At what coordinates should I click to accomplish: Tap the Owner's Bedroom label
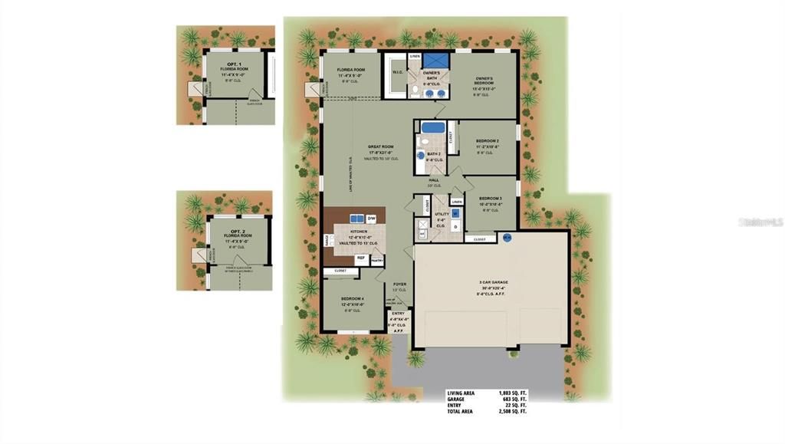pyautogui.click(x=484, y=80)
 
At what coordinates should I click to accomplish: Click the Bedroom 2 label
pyautogui.click(x=488, y=142)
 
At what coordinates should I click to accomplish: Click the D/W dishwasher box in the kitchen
pyautogui.click(x=371, y=219)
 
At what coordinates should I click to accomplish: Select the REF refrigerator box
pyautogui.click(x=360, y=258)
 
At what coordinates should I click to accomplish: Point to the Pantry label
pyautogui.click(x=376, y=261)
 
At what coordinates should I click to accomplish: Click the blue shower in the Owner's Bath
pyautogui.click(x=436, y=60)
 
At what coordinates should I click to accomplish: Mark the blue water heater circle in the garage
pyautogui.click(x=507, y=238)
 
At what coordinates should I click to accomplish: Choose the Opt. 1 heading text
pyautogui.click(x=234, y=64)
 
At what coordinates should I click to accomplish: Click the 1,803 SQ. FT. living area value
pyautogui.click(x=513, y=393)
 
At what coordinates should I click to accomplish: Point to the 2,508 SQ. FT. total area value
pyautogui.click(x=513, y=412)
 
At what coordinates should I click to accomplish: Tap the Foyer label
pyautogui.click(x=399, y=284)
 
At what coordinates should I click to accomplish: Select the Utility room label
pyautogui.click(x=442, y=215)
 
